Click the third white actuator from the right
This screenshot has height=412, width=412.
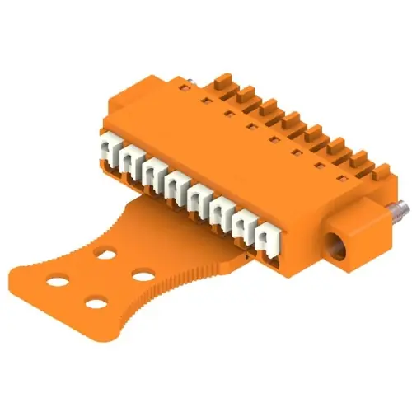(221, 213)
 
